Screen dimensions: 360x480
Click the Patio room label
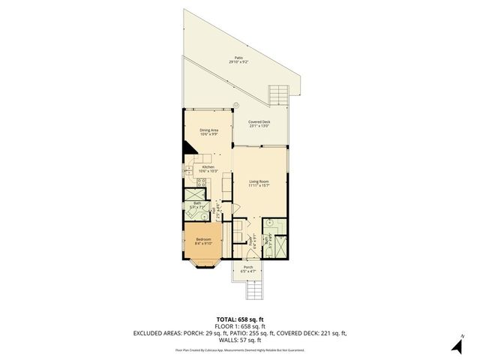[x=239, y=58]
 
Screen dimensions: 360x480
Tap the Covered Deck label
[x=259, y=121]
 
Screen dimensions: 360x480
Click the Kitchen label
[x=208, y=166]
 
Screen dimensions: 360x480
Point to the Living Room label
[x=259, y=181]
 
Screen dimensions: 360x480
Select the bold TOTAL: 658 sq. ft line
[x=240, y=319]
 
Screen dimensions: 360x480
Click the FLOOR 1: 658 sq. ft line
[x=240, y=325]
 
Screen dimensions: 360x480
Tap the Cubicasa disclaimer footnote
[x=240, y=349]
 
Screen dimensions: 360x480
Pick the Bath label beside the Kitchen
[x=197, y=203]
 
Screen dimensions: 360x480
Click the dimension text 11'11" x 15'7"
[x=259, y=185]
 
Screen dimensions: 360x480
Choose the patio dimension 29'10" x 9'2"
[x=239, y=62]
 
